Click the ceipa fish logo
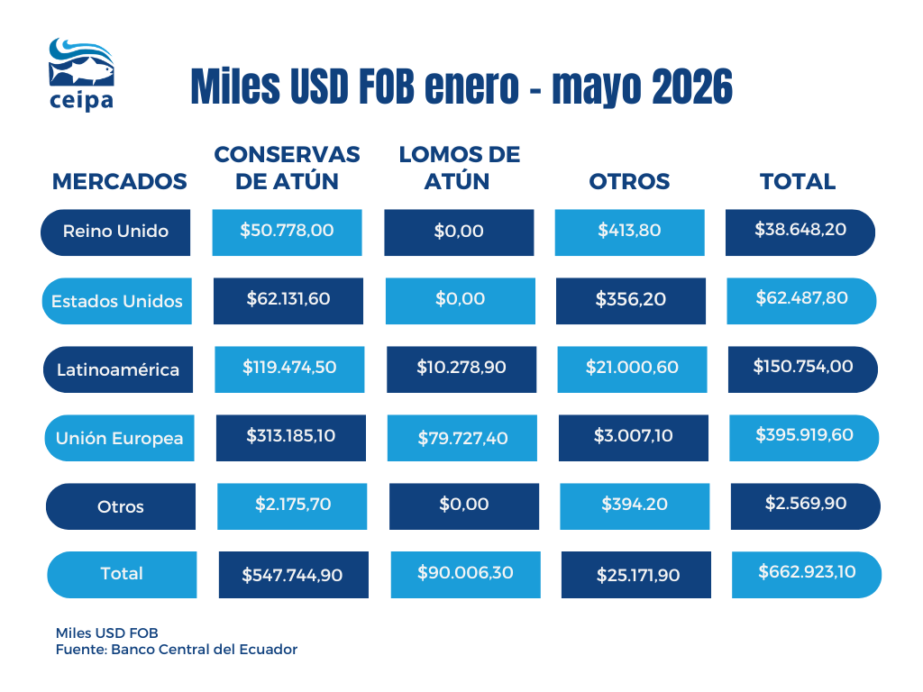pos(81,74)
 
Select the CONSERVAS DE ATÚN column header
pos(288,168)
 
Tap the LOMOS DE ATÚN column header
pos(459,168)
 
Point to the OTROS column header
pos(629,181)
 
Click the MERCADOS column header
pos(120,181)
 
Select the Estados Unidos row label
pos(116,301)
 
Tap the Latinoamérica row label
pos(118,369)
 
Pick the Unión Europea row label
pos(120,438)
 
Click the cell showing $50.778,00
pos(287,232)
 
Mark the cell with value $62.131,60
pos(288,301)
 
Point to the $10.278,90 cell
pos(461,369)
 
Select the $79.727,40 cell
pos(462,438)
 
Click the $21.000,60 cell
pos(632,369)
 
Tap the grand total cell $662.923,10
pos(807,575)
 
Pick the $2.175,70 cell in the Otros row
pos(292,506)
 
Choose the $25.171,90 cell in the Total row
pos(636,575)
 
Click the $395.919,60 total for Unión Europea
pos(804,438)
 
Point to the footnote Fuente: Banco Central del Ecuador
pos(177,649)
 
